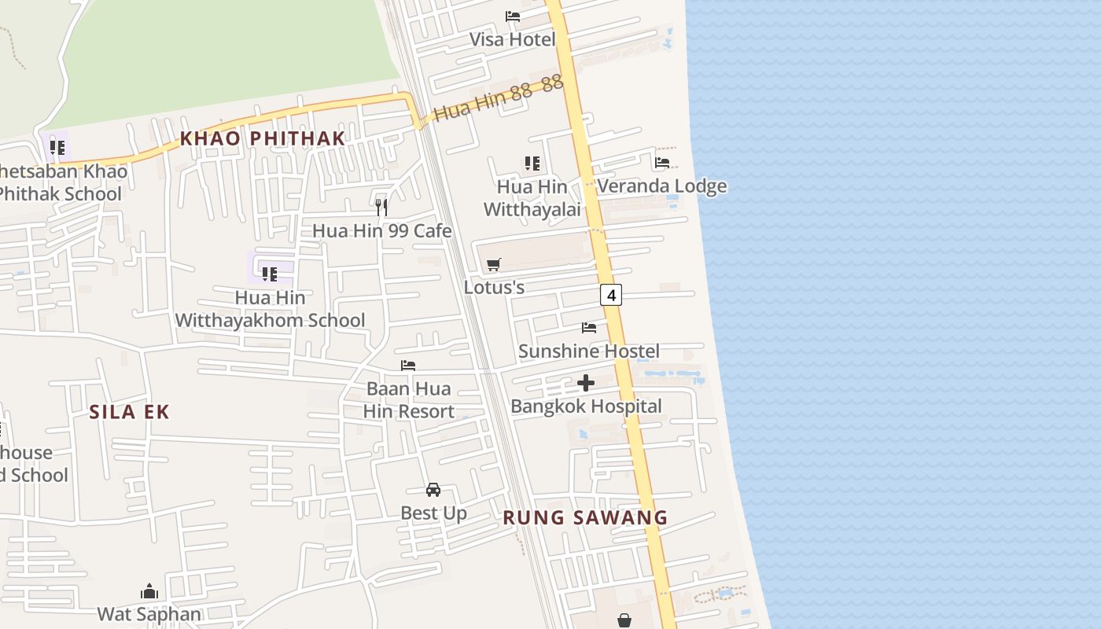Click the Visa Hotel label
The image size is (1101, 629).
(x=512, y=39)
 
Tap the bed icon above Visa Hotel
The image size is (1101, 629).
(x=513, y=16)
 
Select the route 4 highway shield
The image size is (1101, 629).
(x=611, y=295)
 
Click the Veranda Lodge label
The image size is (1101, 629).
(x=661, y=186)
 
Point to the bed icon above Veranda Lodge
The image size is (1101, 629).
(x=662, y=163)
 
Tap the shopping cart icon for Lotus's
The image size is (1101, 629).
(x=494, y=264)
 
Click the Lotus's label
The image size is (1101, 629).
(x=494, y=287)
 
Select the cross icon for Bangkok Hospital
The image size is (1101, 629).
(x=586, y=383)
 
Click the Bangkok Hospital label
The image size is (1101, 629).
(x=586, y=406)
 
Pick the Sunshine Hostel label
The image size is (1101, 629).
(x=589, y=351)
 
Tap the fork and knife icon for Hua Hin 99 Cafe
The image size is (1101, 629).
(x=381, y=208)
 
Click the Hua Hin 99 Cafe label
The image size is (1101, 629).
(x=382, y=230)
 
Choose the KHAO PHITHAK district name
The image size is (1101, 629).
(x=263, y=138)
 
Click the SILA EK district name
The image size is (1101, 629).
(x=129, y=412)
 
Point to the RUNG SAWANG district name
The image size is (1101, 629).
(x=585, y=517)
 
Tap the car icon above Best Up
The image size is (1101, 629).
(x=433, y=490)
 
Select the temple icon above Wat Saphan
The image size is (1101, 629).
(x=149, y=591)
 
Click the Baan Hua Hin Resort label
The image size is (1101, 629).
(x=409, y=400)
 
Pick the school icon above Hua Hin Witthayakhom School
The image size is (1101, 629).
(x=270, y=274)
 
